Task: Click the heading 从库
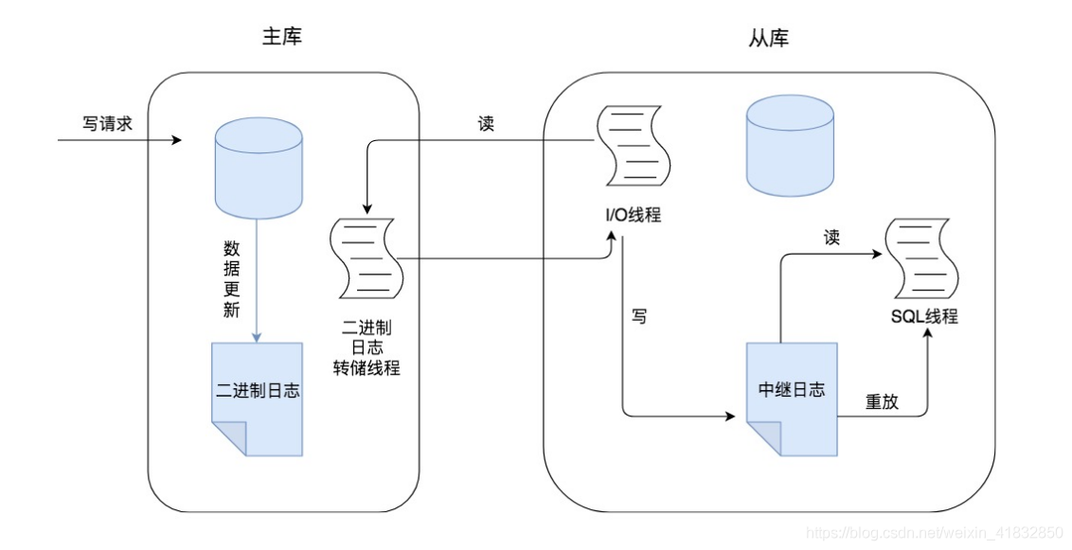[x=768, y=38]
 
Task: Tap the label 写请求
[x=107, y=123]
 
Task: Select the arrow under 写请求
[x=119, y=141]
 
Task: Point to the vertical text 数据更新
[x=231, y=280]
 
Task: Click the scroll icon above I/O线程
[x=631, y=147]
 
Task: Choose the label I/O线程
[x=632, y=215]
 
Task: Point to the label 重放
[x=882, y=401]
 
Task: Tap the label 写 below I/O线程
[x=639, y=317]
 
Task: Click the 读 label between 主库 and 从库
[x=486, y=124]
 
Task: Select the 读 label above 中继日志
[x=831, y=238]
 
